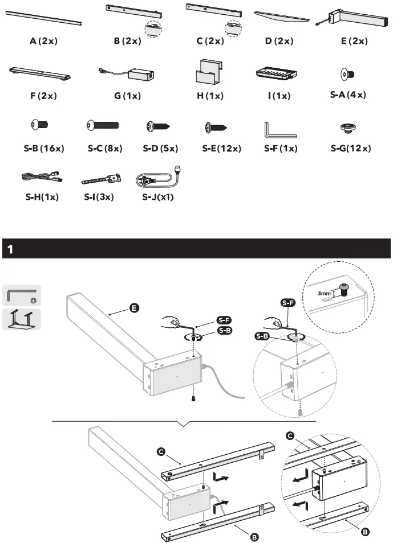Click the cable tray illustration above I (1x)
point(278,74)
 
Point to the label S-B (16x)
point(44,149)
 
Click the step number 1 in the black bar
point(11,249)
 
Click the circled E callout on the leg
point(133,308)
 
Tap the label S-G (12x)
point(351,149)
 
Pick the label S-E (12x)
point(222,149)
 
